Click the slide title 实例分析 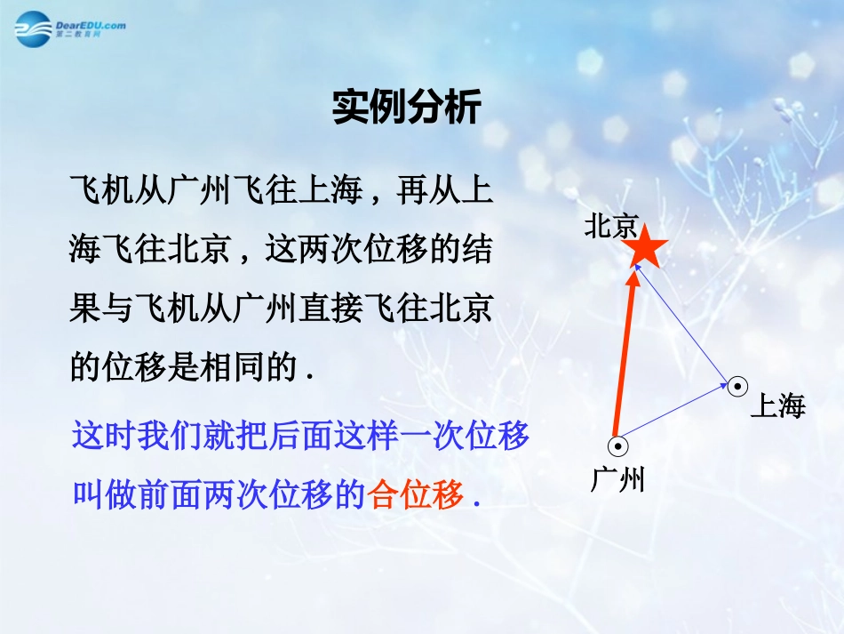tap(406, 108)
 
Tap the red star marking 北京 tap(646, 248)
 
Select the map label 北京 tap(611, 227)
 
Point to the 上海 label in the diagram tap(777, 407)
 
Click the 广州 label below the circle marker tap(617, 480)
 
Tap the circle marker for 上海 tap(737, 386)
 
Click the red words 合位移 tap(416, 495)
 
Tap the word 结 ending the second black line tap(476, 250)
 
